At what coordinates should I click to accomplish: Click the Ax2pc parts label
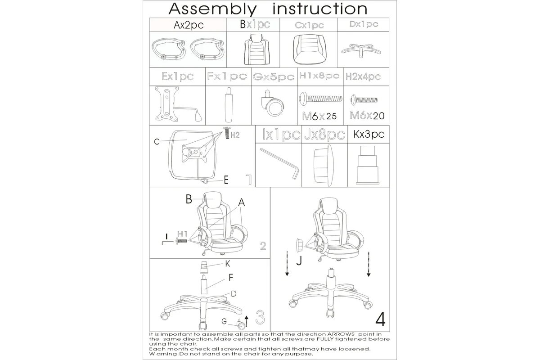tap(189, 25)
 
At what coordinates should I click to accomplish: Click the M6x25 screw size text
tap(320, 116)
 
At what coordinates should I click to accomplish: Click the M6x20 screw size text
tap(367, 115)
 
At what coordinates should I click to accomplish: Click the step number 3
tap(260, 317)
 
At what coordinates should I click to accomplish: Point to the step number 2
tap(263, 246)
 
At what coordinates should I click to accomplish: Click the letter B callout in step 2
tap(189, 199)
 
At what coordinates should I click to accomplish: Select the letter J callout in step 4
tap(299, 261)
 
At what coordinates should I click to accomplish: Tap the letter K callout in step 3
tap(228, 263)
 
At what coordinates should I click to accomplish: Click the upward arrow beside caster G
tap(246, 321)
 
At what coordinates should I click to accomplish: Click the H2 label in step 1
tap(234, 135)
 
